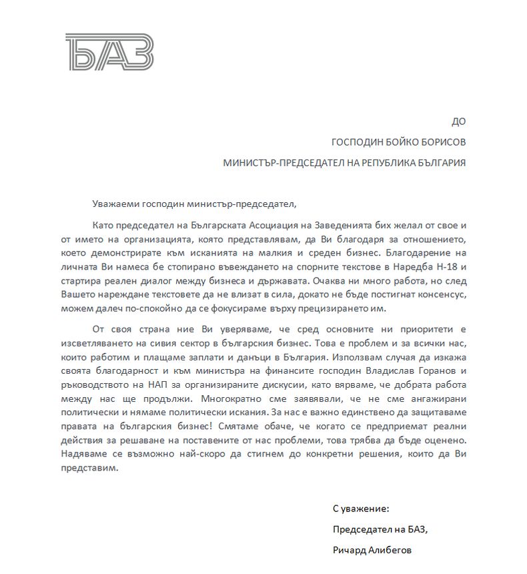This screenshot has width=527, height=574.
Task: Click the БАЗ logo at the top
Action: point(109,51)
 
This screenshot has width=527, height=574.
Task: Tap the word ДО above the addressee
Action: point(459,121)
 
